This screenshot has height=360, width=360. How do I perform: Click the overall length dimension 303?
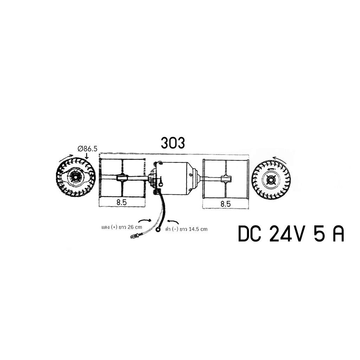pyautogui.click(x=173, y=143)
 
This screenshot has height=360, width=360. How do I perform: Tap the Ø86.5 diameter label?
pyautogui.click(x=88, y=149)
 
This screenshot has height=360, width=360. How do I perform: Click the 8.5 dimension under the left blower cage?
pyautogui.click(x=122, y=202)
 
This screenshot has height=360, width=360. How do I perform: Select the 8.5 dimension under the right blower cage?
pyautogui.click(x=225, y=204)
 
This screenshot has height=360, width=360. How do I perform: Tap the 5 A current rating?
pyautogui.click(x=329, y=234)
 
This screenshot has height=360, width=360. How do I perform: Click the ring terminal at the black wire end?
pyautogui.click(x=158, y=229)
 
